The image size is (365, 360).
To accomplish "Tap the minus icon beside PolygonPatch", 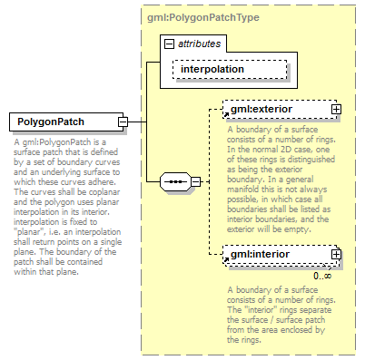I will click(123, 122).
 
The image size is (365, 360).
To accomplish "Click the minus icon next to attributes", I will click(170, 44).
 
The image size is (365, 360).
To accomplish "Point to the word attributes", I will click(199, 44).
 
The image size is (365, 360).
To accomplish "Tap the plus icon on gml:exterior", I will click(336, 110).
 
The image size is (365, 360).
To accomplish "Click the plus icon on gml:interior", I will click(336, 255).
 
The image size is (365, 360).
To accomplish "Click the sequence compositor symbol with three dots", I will click(173, 181).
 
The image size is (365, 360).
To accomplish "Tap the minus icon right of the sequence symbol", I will click(194, 181).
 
